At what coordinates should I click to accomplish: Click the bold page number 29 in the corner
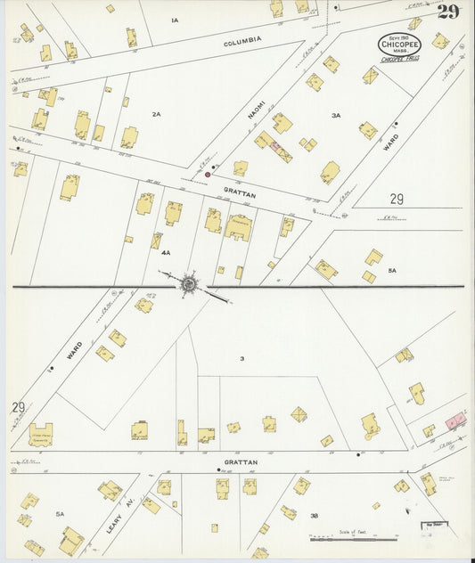click(448, 12)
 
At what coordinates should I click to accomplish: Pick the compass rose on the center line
click(189, 285)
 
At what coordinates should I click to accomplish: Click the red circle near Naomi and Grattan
click(208, 175)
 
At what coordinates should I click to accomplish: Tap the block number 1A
click(175, 20)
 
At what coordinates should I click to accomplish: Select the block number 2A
click(156, 114)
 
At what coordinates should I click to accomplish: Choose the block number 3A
click(336, 115)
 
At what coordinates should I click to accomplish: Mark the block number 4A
click(166, 253)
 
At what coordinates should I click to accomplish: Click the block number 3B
click(315, 516)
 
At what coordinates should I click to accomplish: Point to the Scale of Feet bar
click(353, 539)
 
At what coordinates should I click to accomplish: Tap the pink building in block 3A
click(275, 145)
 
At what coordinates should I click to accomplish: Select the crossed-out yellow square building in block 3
click(299, 413)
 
